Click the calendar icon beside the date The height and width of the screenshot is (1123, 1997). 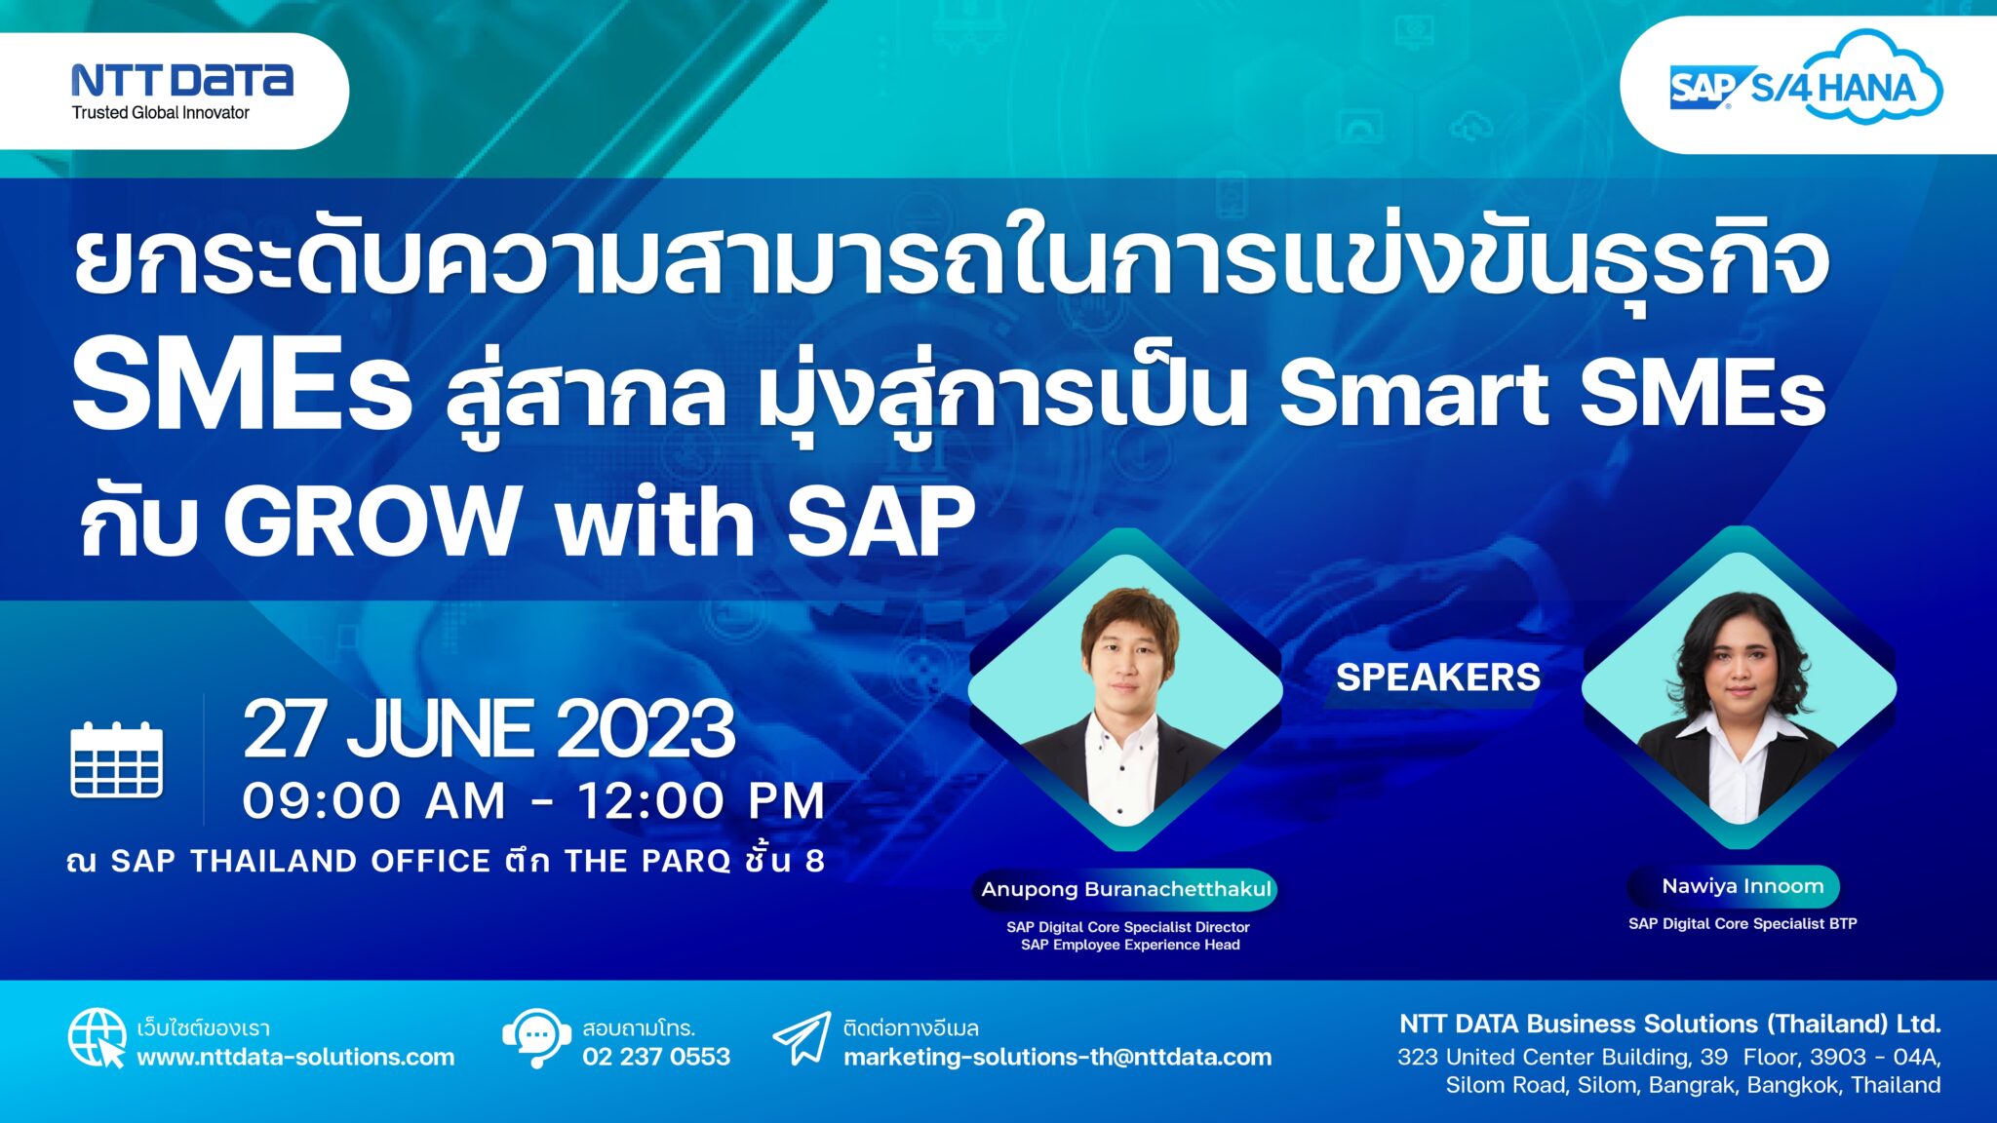coord(117,759)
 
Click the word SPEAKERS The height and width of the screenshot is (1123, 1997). coord(1438,677)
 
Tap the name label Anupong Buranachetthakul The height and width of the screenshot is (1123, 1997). coord(1126,889)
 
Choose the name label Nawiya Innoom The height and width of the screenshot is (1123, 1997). coord(1742,886)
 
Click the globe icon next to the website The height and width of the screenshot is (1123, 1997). coord(97,1038)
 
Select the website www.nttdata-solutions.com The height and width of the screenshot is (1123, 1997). coord(295,1057)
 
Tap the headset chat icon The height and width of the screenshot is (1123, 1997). coord(536,1038)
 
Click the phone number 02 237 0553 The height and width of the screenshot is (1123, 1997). coord(656,1057)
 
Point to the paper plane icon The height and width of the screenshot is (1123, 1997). coord(802,1039)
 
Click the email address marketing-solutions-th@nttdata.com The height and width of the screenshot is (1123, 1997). coord(1058,1057)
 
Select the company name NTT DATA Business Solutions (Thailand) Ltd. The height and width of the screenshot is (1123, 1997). coord(1670,1024)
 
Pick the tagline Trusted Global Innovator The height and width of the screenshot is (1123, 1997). coord(161,113)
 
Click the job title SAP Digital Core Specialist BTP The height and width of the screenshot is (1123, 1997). coord(1742,923)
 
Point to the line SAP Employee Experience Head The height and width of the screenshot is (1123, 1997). coord(1130,945)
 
